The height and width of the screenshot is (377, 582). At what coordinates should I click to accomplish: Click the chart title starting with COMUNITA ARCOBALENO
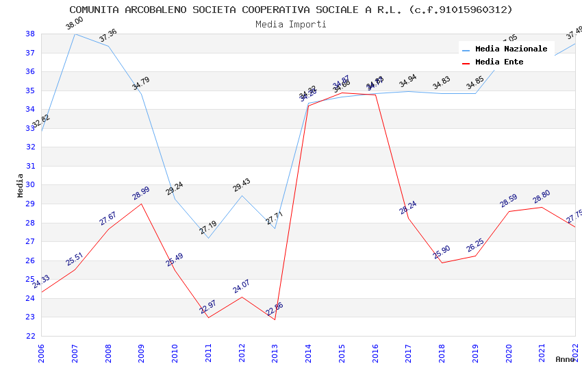(x=290, y=10)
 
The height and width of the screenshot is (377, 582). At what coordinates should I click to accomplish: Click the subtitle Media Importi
(x=290, y=24)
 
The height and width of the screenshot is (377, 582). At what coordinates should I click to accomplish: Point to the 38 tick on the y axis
(x=30, y=34)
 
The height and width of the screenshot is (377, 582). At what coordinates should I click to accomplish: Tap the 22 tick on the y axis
(x=30, y=336)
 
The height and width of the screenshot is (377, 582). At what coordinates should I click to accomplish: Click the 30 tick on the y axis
(x=30, y=185)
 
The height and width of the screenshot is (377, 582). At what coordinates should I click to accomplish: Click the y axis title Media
(x=20, y=185)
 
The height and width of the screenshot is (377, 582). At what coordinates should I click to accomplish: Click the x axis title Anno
(x=565, y=359)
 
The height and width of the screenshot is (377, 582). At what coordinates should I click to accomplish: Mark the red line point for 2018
(x=442, y=263)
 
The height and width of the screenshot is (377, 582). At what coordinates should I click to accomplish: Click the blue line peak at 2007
(x=75, y=34)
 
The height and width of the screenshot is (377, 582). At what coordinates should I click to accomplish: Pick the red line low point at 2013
(x=275, y=319)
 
